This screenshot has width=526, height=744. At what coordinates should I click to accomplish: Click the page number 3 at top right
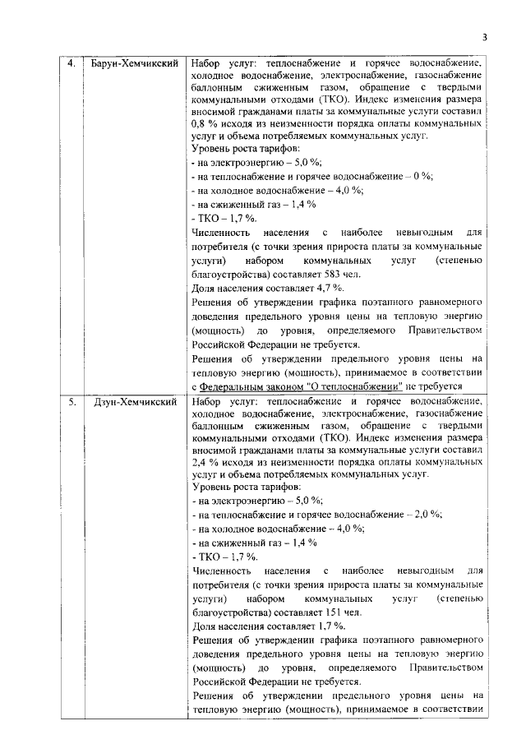click(485, 37)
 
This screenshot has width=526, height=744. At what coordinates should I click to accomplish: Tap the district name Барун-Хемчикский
click(134, 62)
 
